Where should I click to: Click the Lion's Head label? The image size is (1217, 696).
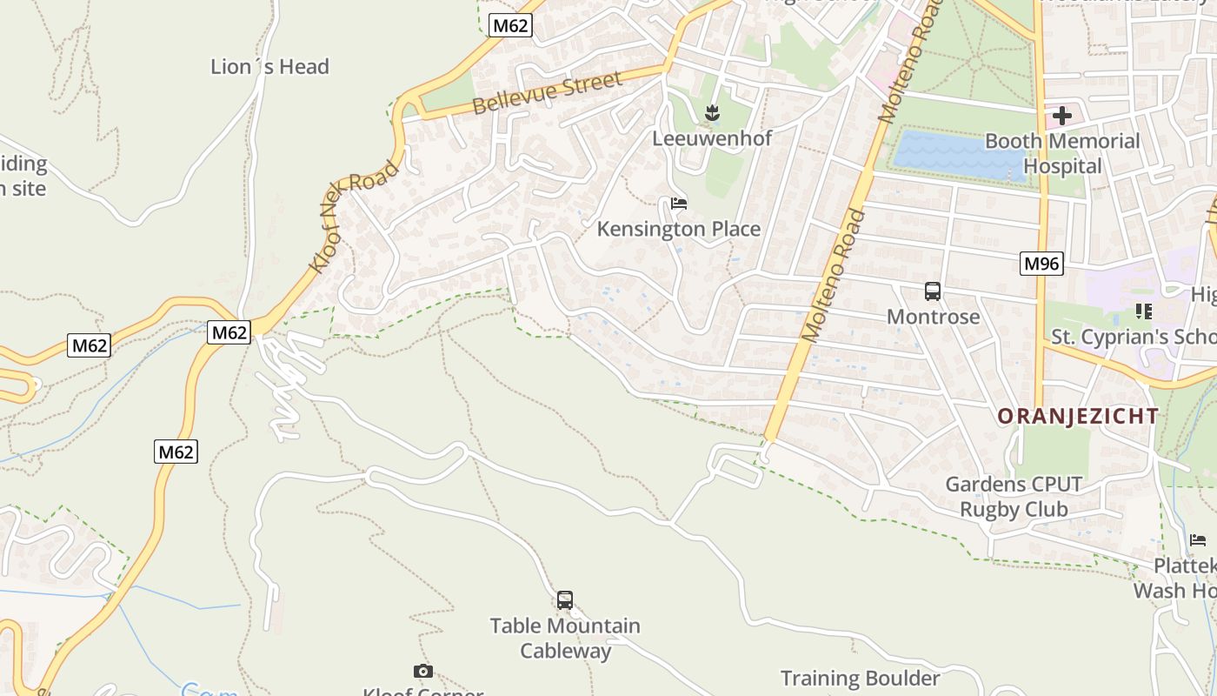click(x=269, y=67)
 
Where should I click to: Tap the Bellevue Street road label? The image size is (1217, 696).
click(x=548, y=94)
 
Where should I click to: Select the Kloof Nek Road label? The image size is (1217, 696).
click(x=355, y=215)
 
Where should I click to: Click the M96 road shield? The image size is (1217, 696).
click(x=1041, y=264)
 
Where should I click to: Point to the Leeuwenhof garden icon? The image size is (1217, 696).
click(x=712, y=112)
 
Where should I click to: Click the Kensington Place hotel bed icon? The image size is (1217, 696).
click(x=679, y=204)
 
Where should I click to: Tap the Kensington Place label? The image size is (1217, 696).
click(x=678, y=230)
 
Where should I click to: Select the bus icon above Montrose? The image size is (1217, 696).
click(x=933, y=291)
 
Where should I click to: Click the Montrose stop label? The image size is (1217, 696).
click(x=933, y=317)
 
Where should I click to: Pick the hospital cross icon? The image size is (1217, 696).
click(x=1061, y=116)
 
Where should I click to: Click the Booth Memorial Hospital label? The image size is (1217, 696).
click(x=1061, y=153)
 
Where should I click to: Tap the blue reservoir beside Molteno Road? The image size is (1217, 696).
click(x=956, y=155)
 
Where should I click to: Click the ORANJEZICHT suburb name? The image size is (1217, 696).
click(x=1078, y=416)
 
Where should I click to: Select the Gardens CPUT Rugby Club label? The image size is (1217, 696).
click(x=1014, y=496)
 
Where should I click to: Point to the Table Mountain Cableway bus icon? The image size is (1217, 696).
click(x=565, y=600)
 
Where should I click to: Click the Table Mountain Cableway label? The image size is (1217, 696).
click(x=565, y=638)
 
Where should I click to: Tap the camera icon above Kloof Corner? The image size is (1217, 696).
click(x=422, y=671)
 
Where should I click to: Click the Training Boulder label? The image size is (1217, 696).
click(x=860, y=679)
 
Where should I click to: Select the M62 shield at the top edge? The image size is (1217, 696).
click(x=509, y=25)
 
